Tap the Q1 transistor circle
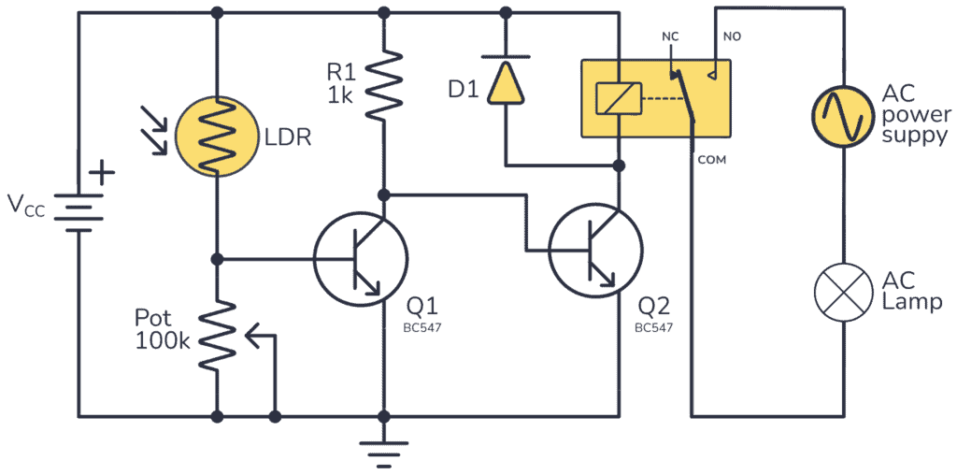click(360, 259)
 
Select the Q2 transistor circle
click(595, 251)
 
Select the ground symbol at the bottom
click(382, 451)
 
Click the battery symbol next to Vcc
click(77, 213)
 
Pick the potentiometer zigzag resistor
click(216, 334)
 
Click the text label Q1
click(421, 307)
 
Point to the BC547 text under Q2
click(654, 328)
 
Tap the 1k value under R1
click(340, 94)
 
